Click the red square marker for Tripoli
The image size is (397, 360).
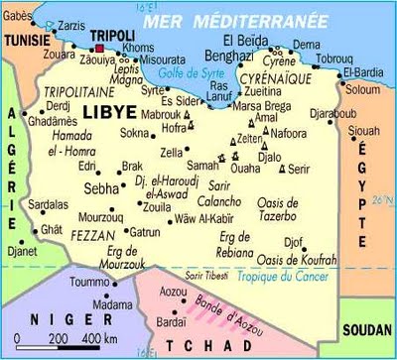99,46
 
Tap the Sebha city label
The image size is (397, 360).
101,186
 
